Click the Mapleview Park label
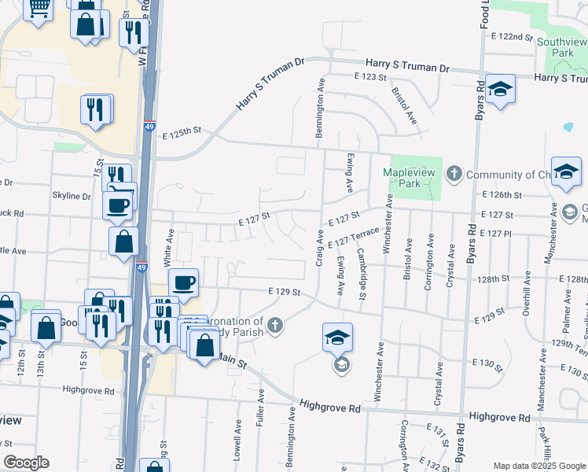pyautogui.click(x=409, y=178)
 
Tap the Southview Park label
pyautogui.click(x=562, y=46)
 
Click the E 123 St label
pyautogui.click(x=370, y=77)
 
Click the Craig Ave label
pyautogui.click(x=320, y=247)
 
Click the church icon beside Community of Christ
pyautogui.click(x=454, y=173)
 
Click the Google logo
pyautogui.click(x=26, y=463)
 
